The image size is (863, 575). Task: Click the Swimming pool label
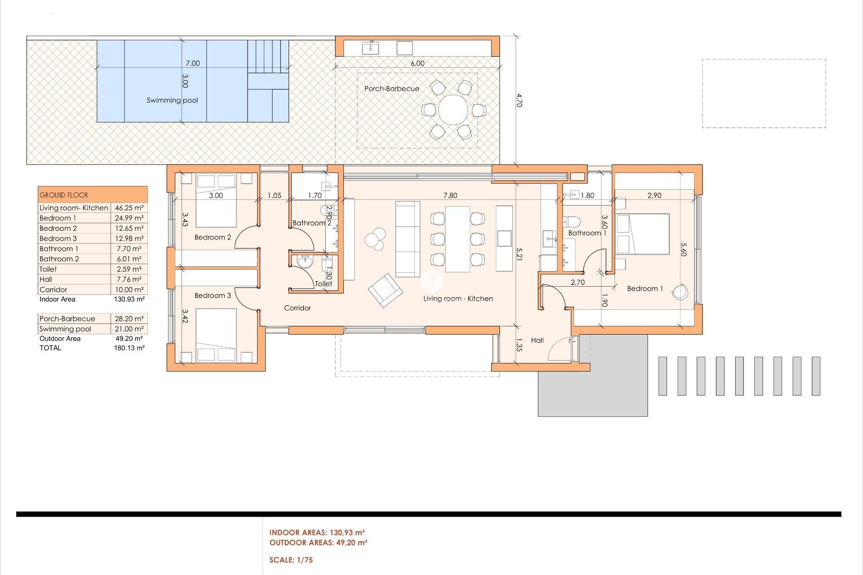pyautogui.click(x=172, y=100)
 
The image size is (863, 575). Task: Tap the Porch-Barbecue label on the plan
pyautogui.click(x=391, y=88)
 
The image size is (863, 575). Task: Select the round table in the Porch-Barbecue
pyautogui.click(x=453, y=110)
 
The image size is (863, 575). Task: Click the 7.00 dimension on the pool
pyautogui.click(x=193, y=63)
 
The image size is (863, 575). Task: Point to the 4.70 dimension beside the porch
pyautogui.click(x=519, y=100)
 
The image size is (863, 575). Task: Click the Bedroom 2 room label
pyautogui.click(x=213, y=237)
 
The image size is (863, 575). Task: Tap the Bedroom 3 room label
pyautogui.click(x=213, y=295)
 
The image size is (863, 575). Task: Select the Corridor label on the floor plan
pyautogui.click(x=297, y=308)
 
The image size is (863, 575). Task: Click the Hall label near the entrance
pyautogui.click(x=537, y=340)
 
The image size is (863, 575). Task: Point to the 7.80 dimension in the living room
pyautogui.click(x=450, y=195)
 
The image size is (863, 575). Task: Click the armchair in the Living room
pyautogui.click(x=385, y=290)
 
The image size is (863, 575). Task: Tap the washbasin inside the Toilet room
pyautogui.click(x=305, y=261)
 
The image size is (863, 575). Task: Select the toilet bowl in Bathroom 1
pyautogui.click(x=572, y=221)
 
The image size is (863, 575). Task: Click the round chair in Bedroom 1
pyautogui.click(x=680, y=292)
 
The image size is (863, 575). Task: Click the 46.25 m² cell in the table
pyautogui.click(x=129, y=208)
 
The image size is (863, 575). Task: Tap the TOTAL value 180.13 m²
pyautogui.click(x=129, y=348)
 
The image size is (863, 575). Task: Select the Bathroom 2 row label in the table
pyautogui.click(x=59, y=259)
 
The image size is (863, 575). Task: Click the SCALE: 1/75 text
pyautogui.click(x=291, y=560)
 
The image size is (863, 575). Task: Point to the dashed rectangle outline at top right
pyautogui.click(x=764, y=60)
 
